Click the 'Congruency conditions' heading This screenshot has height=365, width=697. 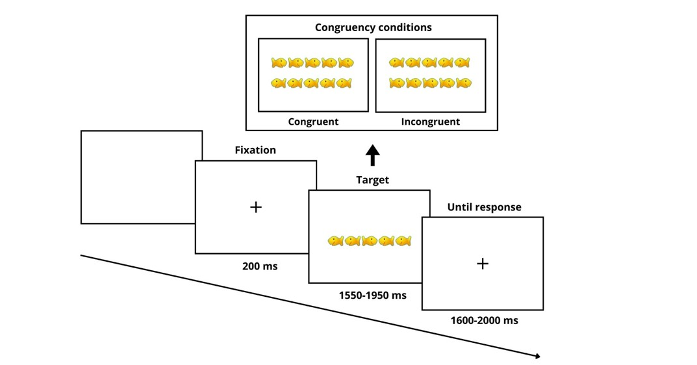click(373, 27)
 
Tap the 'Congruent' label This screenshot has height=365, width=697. click(313, 121)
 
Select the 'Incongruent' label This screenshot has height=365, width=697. click(430, 121)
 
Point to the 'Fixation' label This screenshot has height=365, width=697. click(255, 150)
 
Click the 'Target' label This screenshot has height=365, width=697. click(372, 180)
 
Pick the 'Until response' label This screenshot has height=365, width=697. click(484, 207)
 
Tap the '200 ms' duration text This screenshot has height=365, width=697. click(259, 266)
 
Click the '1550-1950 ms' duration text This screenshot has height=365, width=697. click(372, 296)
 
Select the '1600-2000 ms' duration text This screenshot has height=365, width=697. click(484, 320)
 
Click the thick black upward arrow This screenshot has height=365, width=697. click(372, 155)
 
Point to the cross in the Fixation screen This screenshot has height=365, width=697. click(256, 207)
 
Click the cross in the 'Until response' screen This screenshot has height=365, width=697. click(482, 264)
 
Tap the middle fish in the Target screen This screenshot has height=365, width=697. click(370, 241)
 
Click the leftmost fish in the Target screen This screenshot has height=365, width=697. click(336, 241)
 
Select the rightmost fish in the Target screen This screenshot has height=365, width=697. click(403, 241)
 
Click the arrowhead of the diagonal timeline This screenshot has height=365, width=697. click(537, 355)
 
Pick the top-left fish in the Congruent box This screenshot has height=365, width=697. click(279, 63)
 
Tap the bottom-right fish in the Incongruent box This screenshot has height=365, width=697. click(463, 83)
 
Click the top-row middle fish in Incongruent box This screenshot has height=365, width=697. click(429, 63)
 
